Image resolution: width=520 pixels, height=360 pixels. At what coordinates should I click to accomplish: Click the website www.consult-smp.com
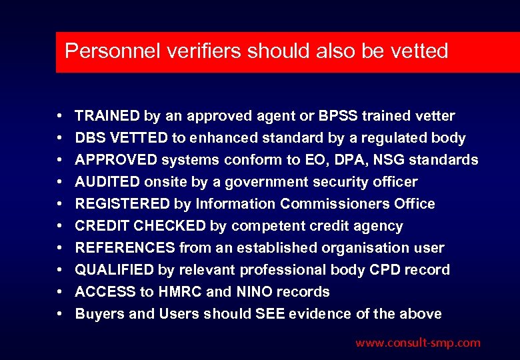tap(417, 343)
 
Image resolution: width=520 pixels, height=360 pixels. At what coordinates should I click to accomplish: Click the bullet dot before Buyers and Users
tap(60, 314)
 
